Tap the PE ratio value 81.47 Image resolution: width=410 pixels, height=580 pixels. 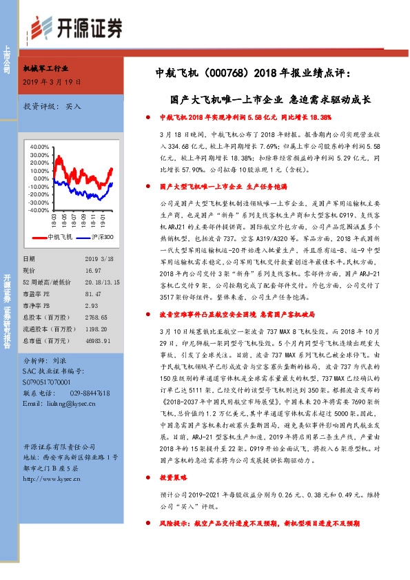pyautogui.click(x=93, y=311)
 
